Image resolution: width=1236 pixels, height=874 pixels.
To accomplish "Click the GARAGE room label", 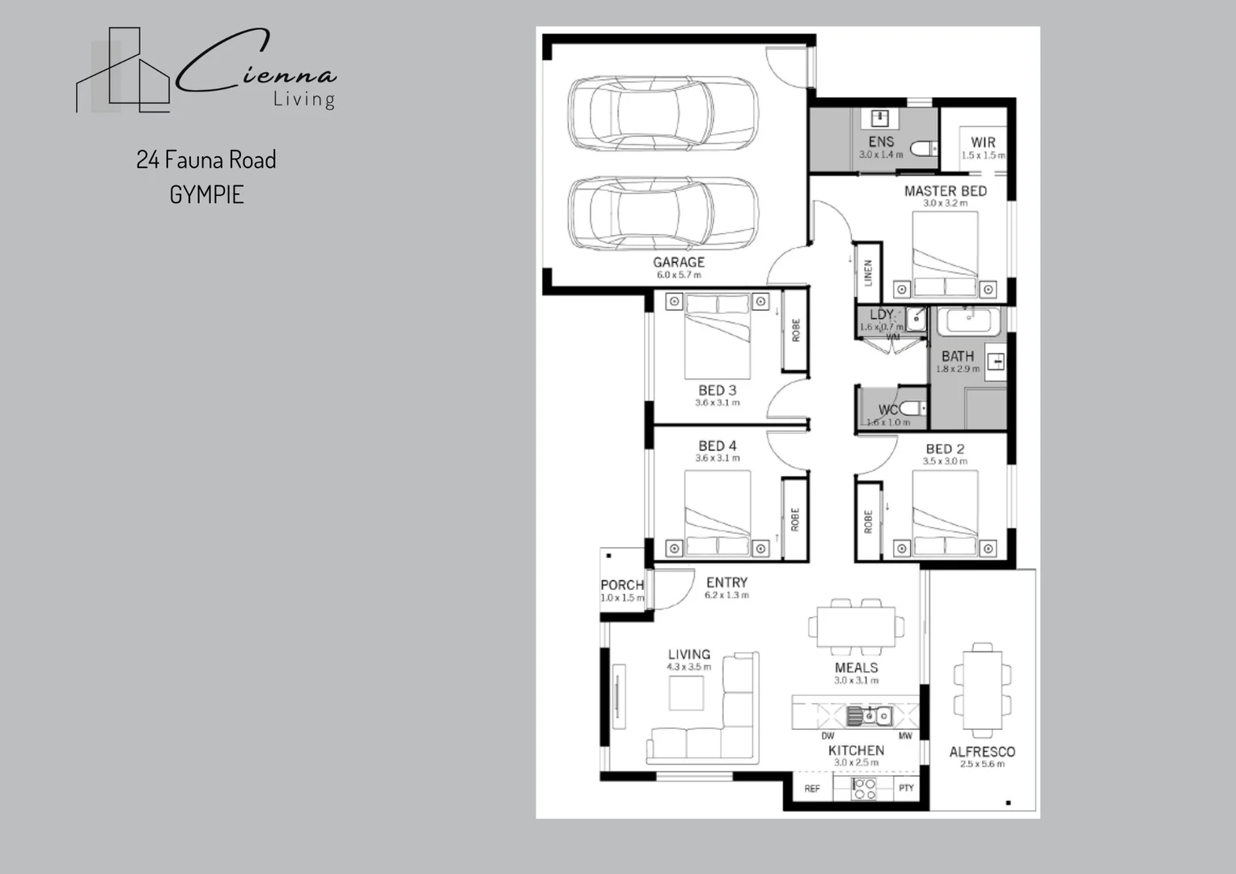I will (679, 262).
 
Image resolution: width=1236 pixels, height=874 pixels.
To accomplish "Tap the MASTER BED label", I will (945, 191).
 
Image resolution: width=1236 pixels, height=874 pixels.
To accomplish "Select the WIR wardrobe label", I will (983, 142).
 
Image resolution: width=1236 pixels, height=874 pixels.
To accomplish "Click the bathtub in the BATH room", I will (968, 320).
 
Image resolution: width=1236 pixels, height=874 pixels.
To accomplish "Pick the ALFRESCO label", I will (982, 752).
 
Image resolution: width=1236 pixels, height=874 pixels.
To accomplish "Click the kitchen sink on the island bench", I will (869, 715).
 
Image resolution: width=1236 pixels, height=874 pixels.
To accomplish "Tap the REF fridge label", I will (812, 788).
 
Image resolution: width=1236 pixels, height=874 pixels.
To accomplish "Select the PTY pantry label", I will (906, 788).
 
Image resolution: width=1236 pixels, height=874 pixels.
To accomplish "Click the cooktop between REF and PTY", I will (865, 789).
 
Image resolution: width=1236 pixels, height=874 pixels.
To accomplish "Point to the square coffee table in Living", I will (686, 693).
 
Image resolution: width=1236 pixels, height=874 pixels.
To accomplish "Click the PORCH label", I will (622, 585).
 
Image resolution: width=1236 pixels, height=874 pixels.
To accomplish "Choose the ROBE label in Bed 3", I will (795, 330).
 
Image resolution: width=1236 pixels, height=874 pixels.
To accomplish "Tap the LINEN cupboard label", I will (868, 273).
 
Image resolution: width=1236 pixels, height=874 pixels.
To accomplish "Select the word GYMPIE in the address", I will (206, 195).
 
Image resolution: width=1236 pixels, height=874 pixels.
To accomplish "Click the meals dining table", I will (856, 627).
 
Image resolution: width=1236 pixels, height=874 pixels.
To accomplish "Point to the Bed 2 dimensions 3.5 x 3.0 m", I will (945, 461).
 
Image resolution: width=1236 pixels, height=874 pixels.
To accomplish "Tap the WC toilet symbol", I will (911, 409).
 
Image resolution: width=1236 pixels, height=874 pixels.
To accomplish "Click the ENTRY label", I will (726, 582).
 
